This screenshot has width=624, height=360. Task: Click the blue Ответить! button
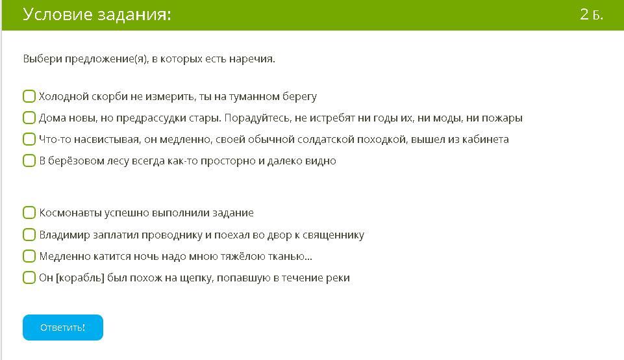pyautogui.click(x=63, y=328)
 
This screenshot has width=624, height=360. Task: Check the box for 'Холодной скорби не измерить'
pyautogui.click(x=29, y=96)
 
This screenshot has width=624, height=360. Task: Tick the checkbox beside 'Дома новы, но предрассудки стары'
pyautogui.click(x=29, y=118)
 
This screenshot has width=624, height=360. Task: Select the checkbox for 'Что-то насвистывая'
pyautogui.click(x=29, y=139)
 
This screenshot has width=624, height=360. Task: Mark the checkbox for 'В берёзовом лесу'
pyautogui.click(x=29, y=161)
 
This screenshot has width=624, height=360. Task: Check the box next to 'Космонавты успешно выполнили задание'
pyautogui.click(x=29, y=212)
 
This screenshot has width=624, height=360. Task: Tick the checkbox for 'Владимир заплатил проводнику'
pyautogui.click(x=29, y=235)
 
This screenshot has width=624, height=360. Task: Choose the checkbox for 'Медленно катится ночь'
pyautogui.click(x=29, y=256)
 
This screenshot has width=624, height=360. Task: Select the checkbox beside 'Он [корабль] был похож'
pyautogui.click(x=29, y=277)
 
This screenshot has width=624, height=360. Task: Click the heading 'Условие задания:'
pyautogui.click(x=97, y=15)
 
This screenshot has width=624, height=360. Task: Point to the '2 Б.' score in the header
pyautogui.click(x=592, y=15)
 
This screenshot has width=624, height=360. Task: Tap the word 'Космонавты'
pyautogui.click(x=70, y=212)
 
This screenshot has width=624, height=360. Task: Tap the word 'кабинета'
pyautogui.click(x=485, y=139)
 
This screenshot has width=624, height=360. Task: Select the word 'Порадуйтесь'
pyautogui.click(x=258, y=118)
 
